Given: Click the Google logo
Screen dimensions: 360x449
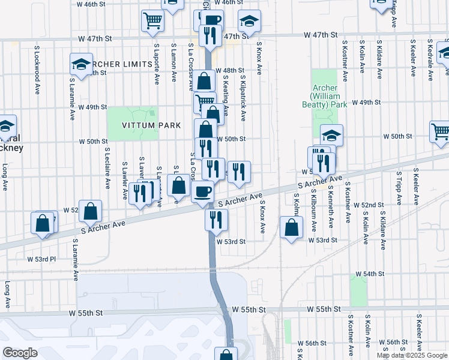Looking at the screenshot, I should click(20, 353).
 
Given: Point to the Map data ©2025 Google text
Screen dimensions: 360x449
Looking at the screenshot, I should click(412, 355).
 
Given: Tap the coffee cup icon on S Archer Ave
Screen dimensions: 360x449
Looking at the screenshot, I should click(202, 193).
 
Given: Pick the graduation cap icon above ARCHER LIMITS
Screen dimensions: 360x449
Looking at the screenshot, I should click(80, 63).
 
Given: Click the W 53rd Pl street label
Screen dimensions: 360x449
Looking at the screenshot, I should click(41, 259).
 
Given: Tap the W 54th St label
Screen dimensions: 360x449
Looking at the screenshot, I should click(369, 274).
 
